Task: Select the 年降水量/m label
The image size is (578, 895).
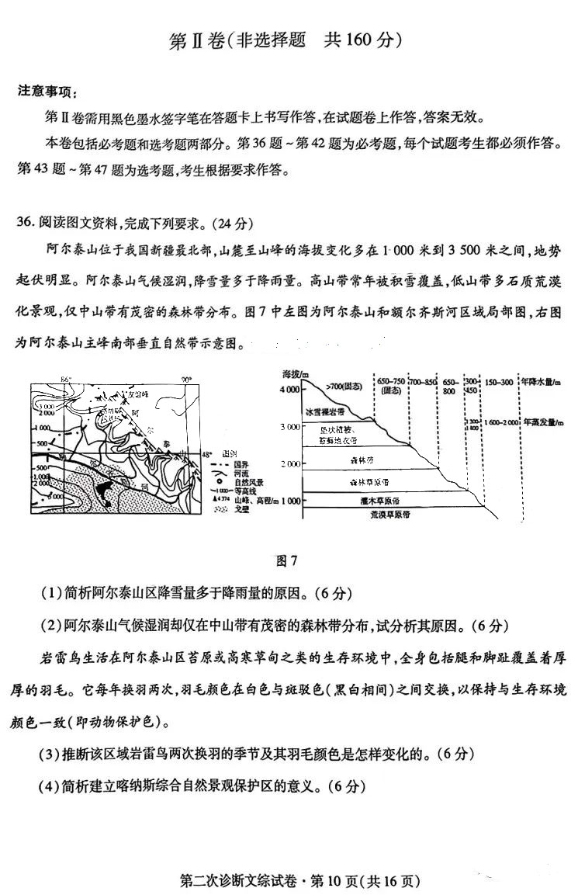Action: (x=543, y=382)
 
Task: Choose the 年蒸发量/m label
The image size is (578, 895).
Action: (x=543, y=422)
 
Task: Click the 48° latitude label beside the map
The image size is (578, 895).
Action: (x=206, y=453)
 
